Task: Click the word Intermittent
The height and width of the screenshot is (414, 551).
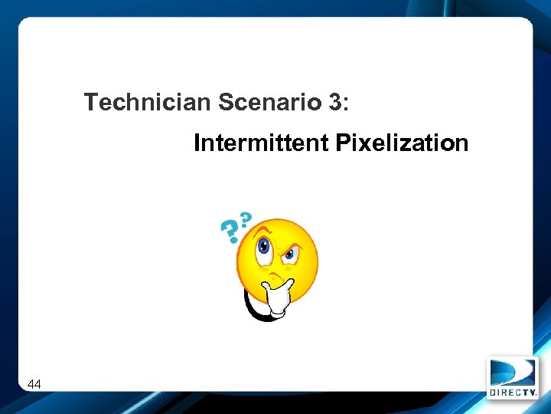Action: click(x=261, y=143)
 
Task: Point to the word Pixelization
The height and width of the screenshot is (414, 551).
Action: click(x=402, y=143)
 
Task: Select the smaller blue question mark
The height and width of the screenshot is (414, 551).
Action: click(x=245, y=219)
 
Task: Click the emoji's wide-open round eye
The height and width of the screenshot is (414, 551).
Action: click(x=264, y=246)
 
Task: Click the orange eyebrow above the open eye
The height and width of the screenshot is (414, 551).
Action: click(x=262, y=229)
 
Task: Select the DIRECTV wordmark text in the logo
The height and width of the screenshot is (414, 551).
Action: click(x=513, y=392)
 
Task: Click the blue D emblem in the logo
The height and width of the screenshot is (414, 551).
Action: click(x=513, y=373)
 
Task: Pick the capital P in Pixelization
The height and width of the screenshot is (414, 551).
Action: click(x=341, y=143)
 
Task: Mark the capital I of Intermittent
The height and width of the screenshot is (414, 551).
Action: click(x=197, y=143)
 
